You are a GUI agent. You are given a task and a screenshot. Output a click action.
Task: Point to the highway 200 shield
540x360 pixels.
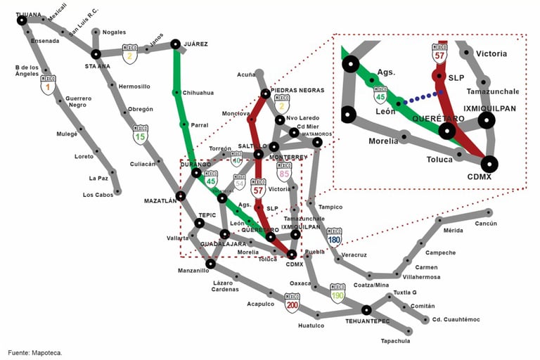pyautogui.click(x=292, y=303)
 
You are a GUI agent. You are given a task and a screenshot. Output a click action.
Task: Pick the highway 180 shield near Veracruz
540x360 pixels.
pyautogui.click(x=334, y=237)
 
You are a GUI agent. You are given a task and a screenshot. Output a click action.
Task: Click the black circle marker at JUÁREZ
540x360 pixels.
pyautogui.click(x=175, y=44)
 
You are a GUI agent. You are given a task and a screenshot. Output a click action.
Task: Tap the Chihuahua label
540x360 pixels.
pyautogui.click(x=199, y=93)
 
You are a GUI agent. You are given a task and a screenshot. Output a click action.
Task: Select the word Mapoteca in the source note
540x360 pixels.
pyautogui.click(x=46, y=352)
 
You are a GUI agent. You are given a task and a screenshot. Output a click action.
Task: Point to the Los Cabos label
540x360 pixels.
pyautogui.click(x=98, y=195)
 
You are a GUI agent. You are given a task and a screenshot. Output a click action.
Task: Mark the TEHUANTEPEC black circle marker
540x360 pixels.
pyautogui.click(x=366, y=309)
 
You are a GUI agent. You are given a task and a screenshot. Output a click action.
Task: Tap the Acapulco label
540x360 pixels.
pyautogui.click(x=260, y=304)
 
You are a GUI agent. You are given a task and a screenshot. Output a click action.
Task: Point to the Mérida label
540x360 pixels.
pyautogui.click(x=454, y=230)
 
